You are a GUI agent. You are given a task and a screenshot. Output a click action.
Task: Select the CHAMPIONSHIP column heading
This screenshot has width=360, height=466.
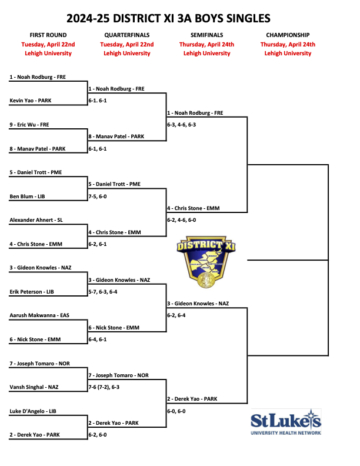[288, 35]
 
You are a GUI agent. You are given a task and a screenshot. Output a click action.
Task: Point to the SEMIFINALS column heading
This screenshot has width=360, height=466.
[206, 35]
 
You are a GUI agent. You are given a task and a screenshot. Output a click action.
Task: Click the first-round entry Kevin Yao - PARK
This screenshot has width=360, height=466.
[31, 101]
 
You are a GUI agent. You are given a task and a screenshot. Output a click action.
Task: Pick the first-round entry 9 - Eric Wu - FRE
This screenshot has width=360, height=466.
[29, 125]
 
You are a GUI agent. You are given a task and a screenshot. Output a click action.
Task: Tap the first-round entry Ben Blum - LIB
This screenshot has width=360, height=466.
[27, 197]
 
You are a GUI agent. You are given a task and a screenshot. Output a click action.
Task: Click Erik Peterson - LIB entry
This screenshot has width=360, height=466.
[34, 292]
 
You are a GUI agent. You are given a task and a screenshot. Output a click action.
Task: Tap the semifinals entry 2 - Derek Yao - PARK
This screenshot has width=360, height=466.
[192, 399]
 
